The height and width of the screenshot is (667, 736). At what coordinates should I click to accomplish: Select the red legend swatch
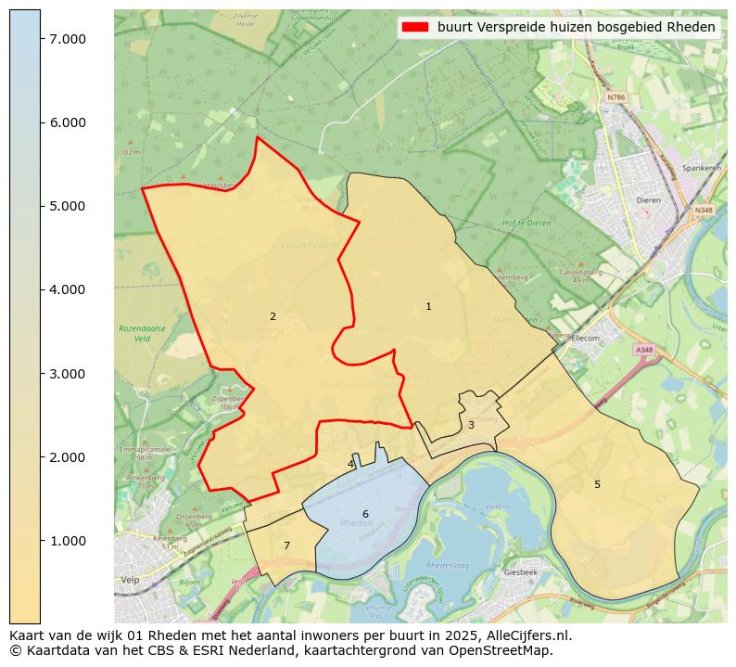tap(413, 28)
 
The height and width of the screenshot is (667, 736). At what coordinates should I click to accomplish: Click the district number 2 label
tap(273, 317)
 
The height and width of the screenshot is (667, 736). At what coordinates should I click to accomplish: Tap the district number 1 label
tap(428, 307)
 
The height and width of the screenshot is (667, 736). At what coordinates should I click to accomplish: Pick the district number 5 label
tap(597, 484)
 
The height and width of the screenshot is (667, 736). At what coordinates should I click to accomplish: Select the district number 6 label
tap(365, 514)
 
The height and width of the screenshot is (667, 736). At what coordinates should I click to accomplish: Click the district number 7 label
tap(286, 545)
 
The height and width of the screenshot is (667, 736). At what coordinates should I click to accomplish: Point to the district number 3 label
tap(471, 425)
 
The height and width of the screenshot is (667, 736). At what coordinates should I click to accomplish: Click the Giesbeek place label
tap(521, 572)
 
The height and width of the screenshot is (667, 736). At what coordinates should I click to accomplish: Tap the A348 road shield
tap(643, 350)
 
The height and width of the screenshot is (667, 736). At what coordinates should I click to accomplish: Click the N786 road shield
tap(616, 96)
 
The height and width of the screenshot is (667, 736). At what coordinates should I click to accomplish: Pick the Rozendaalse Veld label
tap(134, 333)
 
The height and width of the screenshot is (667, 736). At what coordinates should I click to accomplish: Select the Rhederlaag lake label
tap(445, 565)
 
